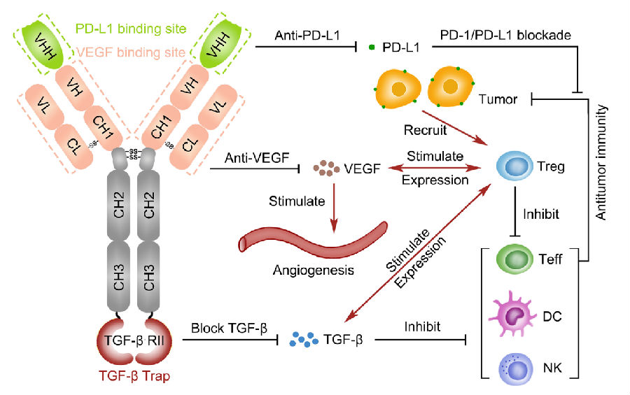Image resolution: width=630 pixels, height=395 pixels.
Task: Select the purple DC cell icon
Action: tap(516, 315)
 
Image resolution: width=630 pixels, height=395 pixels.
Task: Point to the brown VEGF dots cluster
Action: tap(326, 168)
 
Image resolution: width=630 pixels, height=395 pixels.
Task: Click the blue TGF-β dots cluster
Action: tap(305, 340)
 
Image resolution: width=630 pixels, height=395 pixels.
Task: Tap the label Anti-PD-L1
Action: tap(307, 34)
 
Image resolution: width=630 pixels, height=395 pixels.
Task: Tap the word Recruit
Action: tap(423, 131)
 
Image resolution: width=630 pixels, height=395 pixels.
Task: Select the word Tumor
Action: tap(498, 99)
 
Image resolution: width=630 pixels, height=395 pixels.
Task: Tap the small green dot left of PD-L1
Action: tap(372, 48)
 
